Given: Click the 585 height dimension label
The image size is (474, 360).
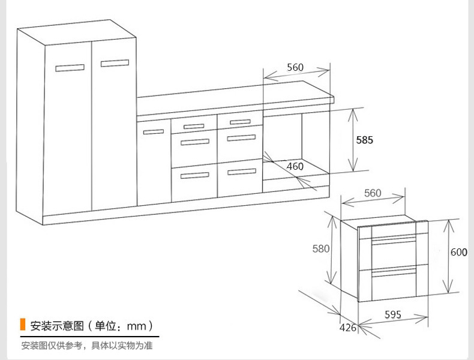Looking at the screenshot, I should point(364,140).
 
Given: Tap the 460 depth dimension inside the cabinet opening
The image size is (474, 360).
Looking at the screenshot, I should point(295,166).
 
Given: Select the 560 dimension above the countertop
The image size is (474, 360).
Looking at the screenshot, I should point(295,67).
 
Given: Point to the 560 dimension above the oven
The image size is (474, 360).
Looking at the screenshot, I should point(373,193).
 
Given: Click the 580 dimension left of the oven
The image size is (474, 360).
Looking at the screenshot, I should point(321,248).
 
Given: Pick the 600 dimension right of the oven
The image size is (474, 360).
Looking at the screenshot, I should point(459,253).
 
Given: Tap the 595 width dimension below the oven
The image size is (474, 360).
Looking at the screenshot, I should point(393,314).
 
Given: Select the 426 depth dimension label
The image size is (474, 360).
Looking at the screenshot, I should point(348,328).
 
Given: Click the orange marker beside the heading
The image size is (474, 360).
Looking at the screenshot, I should point(22,325).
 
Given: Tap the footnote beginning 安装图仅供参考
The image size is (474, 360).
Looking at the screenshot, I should point(87,346).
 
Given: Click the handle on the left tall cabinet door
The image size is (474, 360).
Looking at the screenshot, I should point(70,67).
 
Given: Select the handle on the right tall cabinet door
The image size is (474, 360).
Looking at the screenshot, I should point(115,62).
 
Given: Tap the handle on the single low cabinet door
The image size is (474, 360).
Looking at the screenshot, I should point(153,132).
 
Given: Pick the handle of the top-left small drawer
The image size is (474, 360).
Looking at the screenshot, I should point(194,126).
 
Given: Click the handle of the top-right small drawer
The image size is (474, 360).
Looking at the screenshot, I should point(240,122).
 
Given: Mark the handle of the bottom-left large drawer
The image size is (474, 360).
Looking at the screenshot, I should point(194,175).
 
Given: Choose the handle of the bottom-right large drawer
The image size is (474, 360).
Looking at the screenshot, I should point(240,172).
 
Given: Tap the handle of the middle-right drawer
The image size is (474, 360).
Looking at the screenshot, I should point(240,138).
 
